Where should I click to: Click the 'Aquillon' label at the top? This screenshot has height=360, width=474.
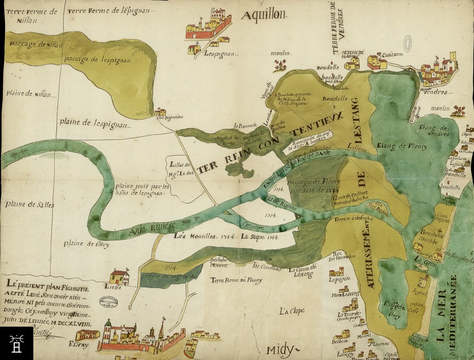pyautogui.click(x=263, y=15)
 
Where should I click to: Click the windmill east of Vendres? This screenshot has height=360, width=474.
pyautogui.click(x=458, y=111)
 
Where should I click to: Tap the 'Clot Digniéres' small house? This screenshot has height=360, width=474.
pyautogui.click(x=160, y=112)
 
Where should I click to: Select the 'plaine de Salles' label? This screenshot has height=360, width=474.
pyautogui.click(x=24, y=204)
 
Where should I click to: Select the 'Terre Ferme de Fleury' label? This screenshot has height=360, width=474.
pyautogui.click(x=236, y=280)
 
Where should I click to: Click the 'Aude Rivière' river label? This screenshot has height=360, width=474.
pyautogui.click(x=152, y=227)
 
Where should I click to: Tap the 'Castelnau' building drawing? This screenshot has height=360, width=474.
pyautogui.click(x=377, y=61)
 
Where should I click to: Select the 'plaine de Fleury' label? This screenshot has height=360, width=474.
pyautogui.click(x=86, y=244)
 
